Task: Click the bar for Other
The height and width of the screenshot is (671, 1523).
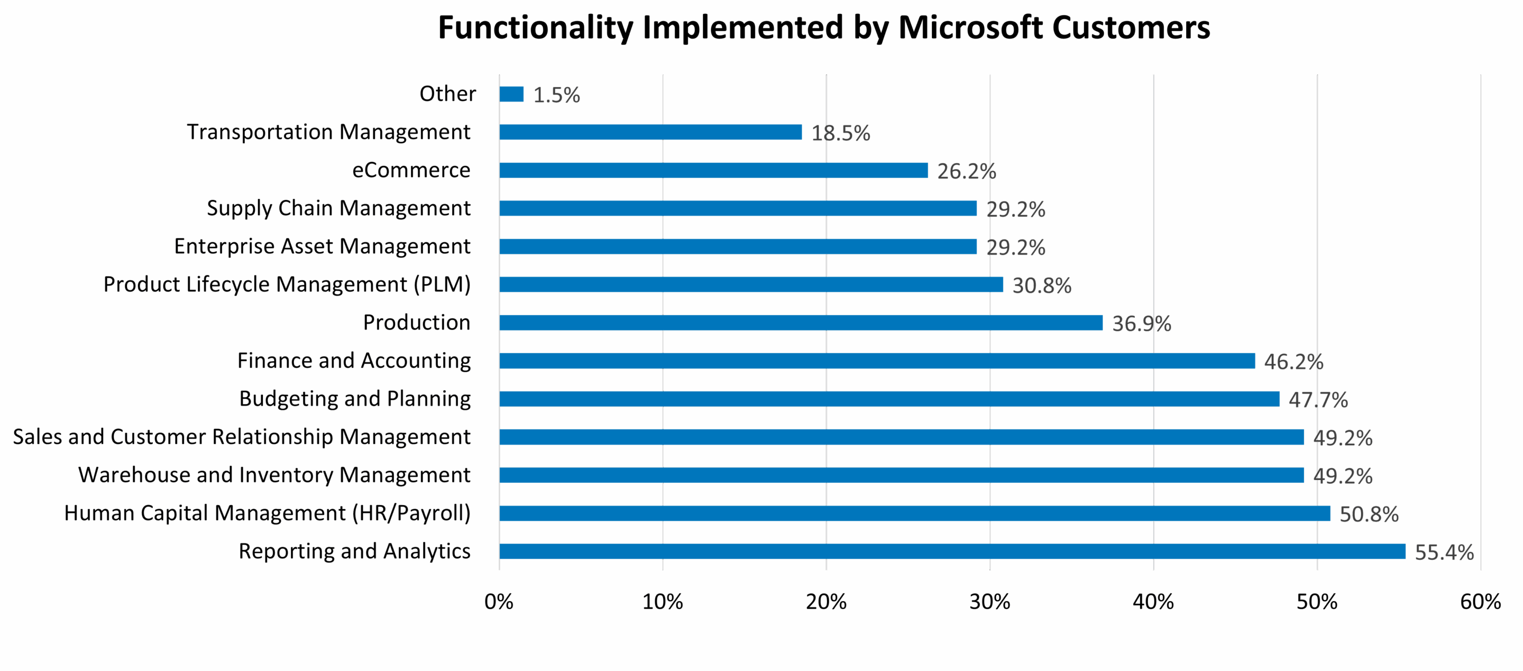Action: [x=511, y=94]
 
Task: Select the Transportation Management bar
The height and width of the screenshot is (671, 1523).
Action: [x=650, y=132]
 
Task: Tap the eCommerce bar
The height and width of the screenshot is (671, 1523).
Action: [x=713, y=170]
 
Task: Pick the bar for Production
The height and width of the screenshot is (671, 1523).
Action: [x=801, y=322]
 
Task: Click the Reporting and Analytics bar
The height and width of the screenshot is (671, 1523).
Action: [x=952, y=551]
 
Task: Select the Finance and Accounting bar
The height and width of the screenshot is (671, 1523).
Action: [x=877, y=361]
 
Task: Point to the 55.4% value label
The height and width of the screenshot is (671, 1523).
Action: [x=1444, y=552]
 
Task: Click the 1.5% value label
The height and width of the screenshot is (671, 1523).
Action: [x=556, y=95]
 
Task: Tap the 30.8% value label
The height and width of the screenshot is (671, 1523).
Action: [x=1041, y=286]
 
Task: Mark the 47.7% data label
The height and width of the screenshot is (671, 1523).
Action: [x=1318, y=400]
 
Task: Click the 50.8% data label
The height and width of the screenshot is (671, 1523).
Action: [x=1368, y=514]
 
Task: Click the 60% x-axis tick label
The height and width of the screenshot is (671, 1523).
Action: [x=1480, y=602]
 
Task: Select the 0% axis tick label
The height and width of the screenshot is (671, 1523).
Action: [x=498, y=602]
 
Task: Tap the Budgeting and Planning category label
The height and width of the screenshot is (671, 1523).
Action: [x=355, y=399]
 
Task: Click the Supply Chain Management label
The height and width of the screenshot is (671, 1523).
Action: [x=338, y=209]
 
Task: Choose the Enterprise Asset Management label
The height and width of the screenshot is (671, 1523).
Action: [x=322, y=246]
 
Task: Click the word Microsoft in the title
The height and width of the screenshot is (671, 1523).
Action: [x=970, y=28]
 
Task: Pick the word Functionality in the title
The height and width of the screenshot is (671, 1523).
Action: [x=535, y=28]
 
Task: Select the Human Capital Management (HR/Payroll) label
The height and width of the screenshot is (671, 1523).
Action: [x=267, y=513]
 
